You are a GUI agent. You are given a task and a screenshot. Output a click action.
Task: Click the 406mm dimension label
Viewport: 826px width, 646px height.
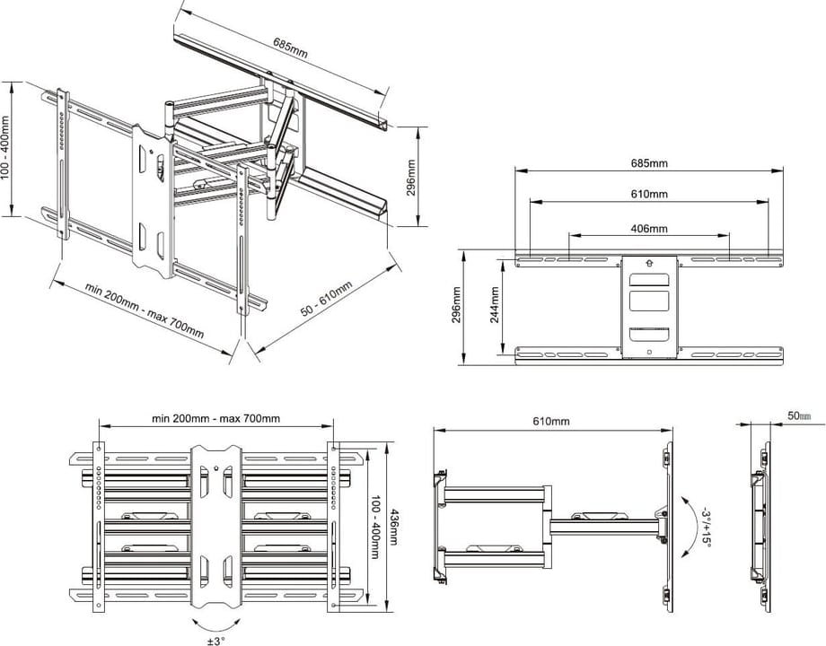tap(649, 229)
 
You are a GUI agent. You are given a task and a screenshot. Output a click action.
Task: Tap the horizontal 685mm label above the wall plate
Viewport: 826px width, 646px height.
tap(649, 163)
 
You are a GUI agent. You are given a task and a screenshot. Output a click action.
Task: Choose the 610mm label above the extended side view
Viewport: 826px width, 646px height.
tap(551, 421)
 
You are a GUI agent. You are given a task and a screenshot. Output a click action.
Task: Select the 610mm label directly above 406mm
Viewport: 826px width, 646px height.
tap(649, 195)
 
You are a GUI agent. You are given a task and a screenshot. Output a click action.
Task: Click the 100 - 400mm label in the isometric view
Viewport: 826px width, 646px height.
tap(6, 148)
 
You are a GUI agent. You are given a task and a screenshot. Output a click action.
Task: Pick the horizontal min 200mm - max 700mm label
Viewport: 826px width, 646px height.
tap(215, 418)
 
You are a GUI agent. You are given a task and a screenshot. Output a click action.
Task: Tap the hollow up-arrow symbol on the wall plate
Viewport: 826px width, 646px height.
tap(646, 263)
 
